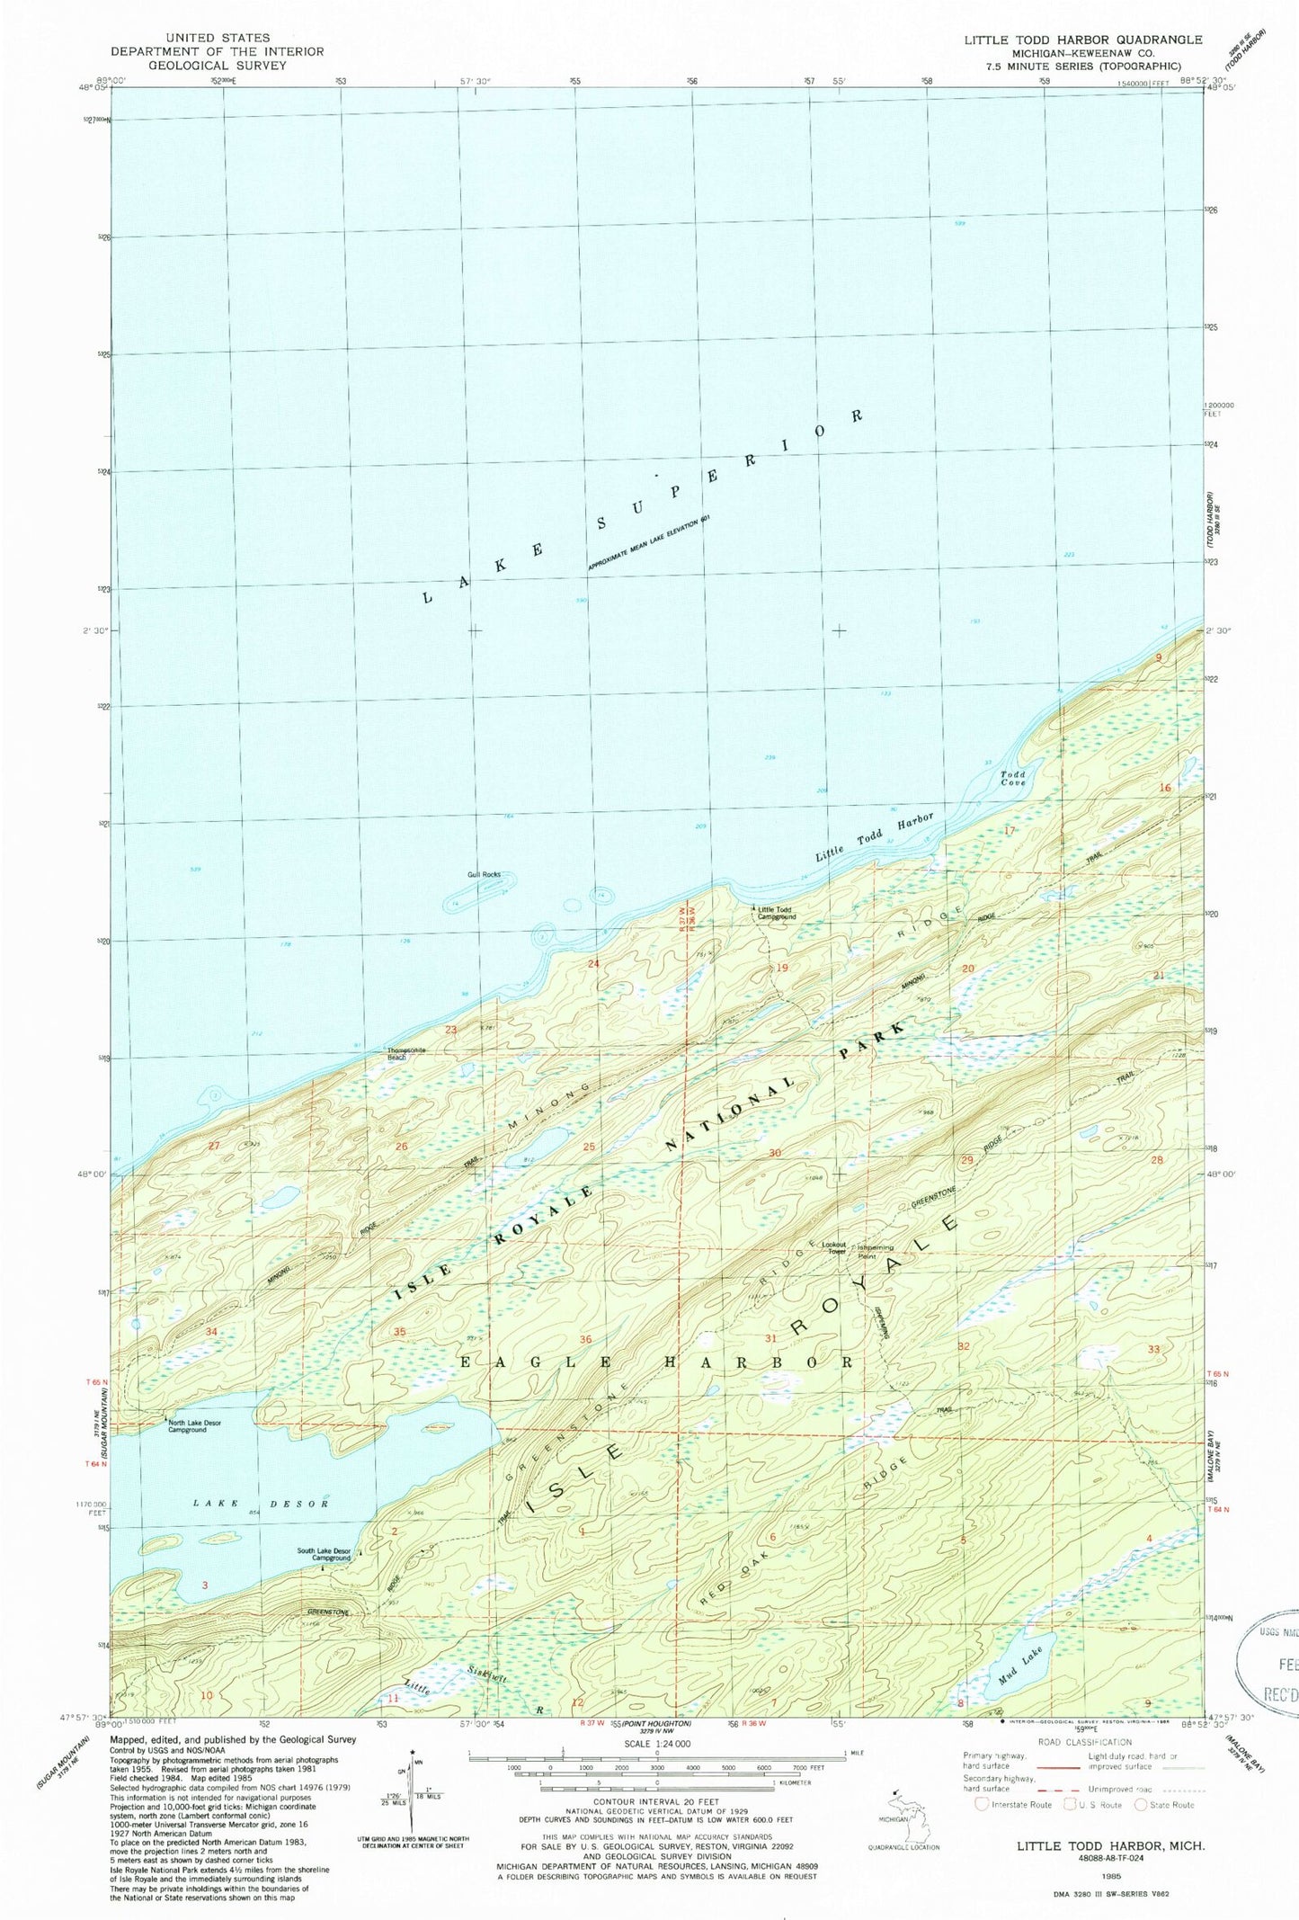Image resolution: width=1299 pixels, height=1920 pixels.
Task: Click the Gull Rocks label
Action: pyautogui.click(x=484, y=874)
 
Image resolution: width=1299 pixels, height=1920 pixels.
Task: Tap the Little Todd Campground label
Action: pyautogui.click(x=777, y=913)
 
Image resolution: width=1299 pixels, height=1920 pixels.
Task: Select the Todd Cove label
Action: pyautogui.click(x=1013, y=778)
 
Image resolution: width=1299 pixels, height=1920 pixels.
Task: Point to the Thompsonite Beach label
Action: pyautogui.click(x=405, y=1054)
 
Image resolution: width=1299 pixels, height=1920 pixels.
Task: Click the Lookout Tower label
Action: pyautogui.click(x=833, y=1248)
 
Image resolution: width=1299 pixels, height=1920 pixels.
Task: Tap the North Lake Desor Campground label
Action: pyautogui.click(x=194, y=1426)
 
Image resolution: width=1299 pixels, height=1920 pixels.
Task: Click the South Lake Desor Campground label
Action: pyautogui.click(x=324, y=1554)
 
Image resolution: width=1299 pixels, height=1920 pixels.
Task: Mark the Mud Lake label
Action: pyautogui.click(x=1020, y=1661)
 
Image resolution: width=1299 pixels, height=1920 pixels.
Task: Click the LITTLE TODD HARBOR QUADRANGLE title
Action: pyautogui.click(x=1082, y=40)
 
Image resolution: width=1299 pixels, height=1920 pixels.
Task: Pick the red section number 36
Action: pyautogui.click(x=586, y=1339)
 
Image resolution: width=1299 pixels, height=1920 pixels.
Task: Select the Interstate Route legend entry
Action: pyautogui.click(x=1014, y=1804)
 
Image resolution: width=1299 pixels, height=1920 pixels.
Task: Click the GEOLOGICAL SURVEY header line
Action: pyautogui.click(x=217, y=65)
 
